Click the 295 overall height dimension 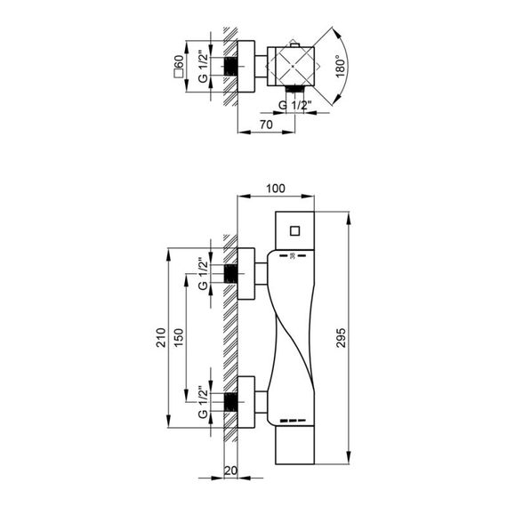[341, 338]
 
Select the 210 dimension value [161, 338]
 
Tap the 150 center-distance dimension [179, 338]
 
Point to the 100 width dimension [276, 189]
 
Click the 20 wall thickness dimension [230, 471]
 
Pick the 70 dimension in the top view [266, 125]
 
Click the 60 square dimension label [179, 67]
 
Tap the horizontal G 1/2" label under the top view [295, 105]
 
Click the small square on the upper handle [295, 231]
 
